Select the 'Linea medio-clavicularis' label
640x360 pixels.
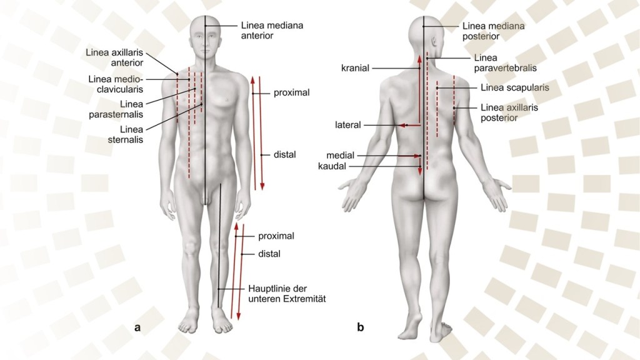click(x=116, y=84)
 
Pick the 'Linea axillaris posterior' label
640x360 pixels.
click(x=509, y=112)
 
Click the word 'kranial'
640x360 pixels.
click(x=356, y=67)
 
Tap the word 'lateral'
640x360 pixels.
click(x=348, y=125)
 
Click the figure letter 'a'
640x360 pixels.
click(x=137, y=326)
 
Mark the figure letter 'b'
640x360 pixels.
click(x=361, y=326)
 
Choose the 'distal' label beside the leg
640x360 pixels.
click(x=269, y=254)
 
